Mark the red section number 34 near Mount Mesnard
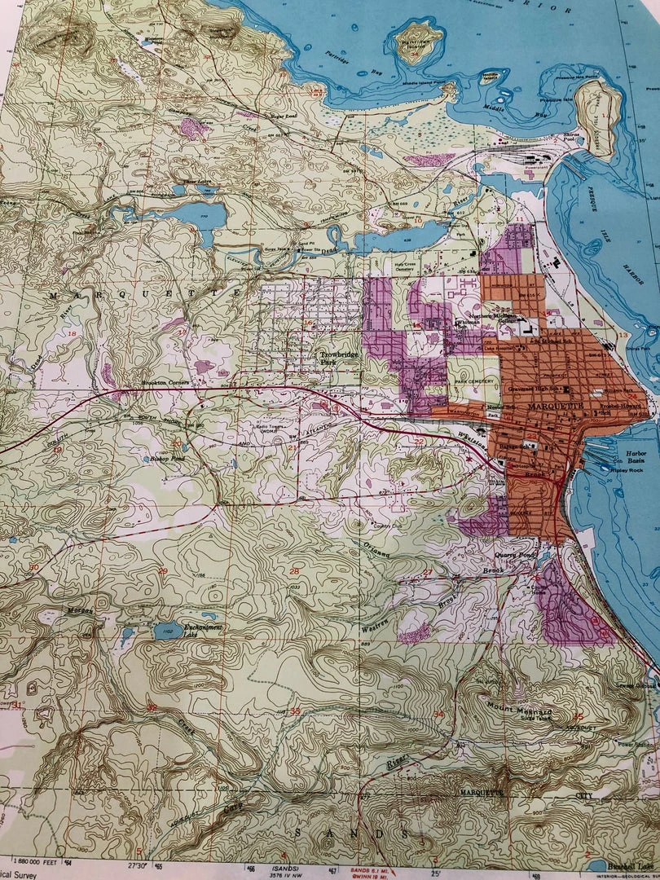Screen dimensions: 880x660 (x=439, y=715)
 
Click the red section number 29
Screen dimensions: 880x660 (x=162, y=570)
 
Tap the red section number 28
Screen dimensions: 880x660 (x=294, y=571)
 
